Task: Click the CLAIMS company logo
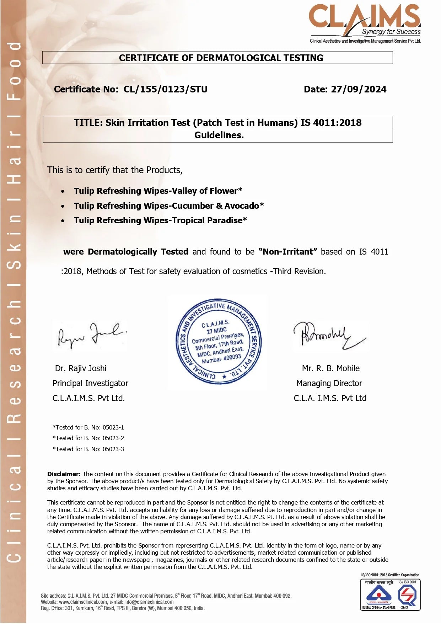pyautogui.click(x=365, y=21)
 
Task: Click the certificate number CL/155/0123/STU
pyautogui.click(x=166, y=89)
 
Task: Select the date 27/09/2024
pyautogui.click(x=359, y=89)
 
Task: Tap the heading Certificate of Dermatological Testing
pyautogui.click(x=221, y=58)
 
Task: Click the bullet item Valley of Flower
pyautogui.click(x=158, y=191)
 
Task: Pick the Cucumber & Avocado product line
pyautogui.click(x=169, y=206)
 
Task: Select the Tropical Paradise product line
pyautogui.click(x=160, y=220)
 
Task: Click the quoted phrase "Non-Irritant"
pyautogui.click(x=288, y=252)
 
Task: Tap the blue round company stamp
pyautogui.click(x=219, y=342)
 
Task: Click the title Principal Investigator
pyautogui.click(x=90, y=383)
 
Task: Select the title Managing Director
pyautogui.click(x=329, y=383)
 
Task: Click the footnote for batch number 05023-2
pyautogui.click(x=88, y=438)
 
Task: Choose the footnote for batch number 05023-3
pyautogui.click(x=88, y=449)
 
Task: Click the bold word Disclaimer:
pyautogui.click(x=64, y=474)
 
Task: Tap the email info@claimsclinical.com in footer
pyautogui.click(x=149, y=602)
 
